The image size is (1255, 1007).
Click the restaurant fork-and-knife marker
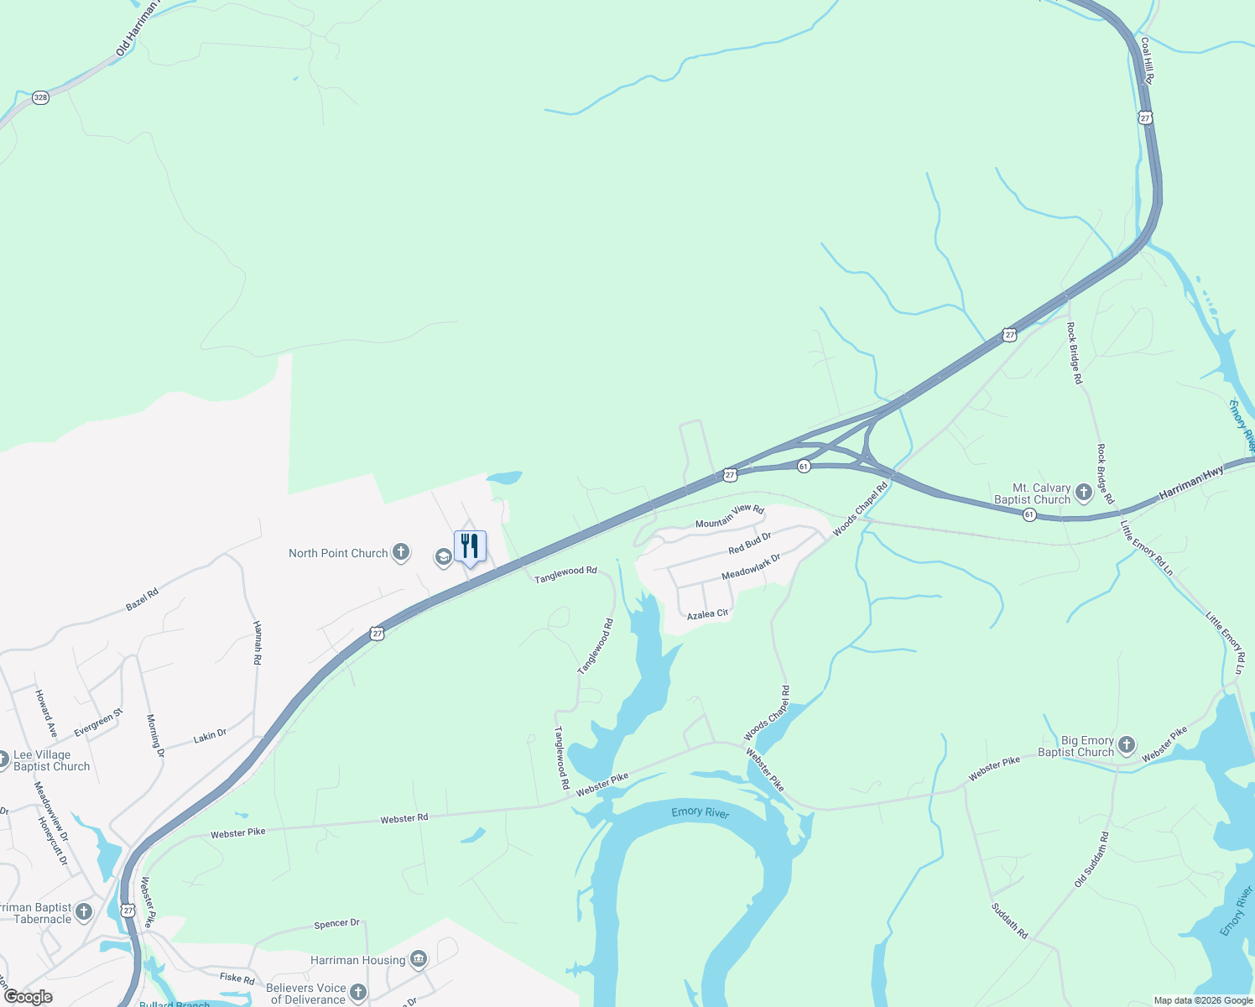coord(470,546)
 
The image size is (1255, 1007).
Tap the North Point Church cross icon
coord(401,552)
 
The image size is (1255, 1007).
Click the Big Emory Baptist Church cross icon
coord(1127,744)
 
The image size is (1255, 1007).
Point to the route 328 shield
coord(40,97)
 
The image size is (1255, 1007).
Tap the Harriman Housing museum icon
coord(419,959)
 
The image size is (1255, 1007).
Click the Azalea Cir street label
coord(707,615)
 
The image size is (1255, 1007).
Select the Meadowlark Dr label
coord(751,566)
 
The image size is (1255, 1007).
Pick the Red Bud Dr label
coord(749,543)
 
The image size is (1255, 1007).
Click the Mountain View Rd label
coord(729,516)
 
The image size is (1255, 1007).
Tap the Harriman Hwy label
coord(1190,484)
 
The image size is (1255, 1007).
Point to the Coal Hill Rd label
coord(1147,60)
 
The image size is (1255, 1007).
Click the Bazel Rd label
coord(142,599)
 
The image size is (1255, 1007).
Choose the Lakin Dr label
coord(210,736)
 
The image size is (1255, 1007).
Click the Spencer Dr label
coord(336,924)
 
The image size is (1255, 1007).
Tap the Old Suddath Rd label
coord(1091,859)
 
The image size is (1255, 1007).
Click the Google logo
coord(29,997)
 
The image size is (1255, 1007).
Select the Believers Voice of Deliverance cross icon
coord(358,993)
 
